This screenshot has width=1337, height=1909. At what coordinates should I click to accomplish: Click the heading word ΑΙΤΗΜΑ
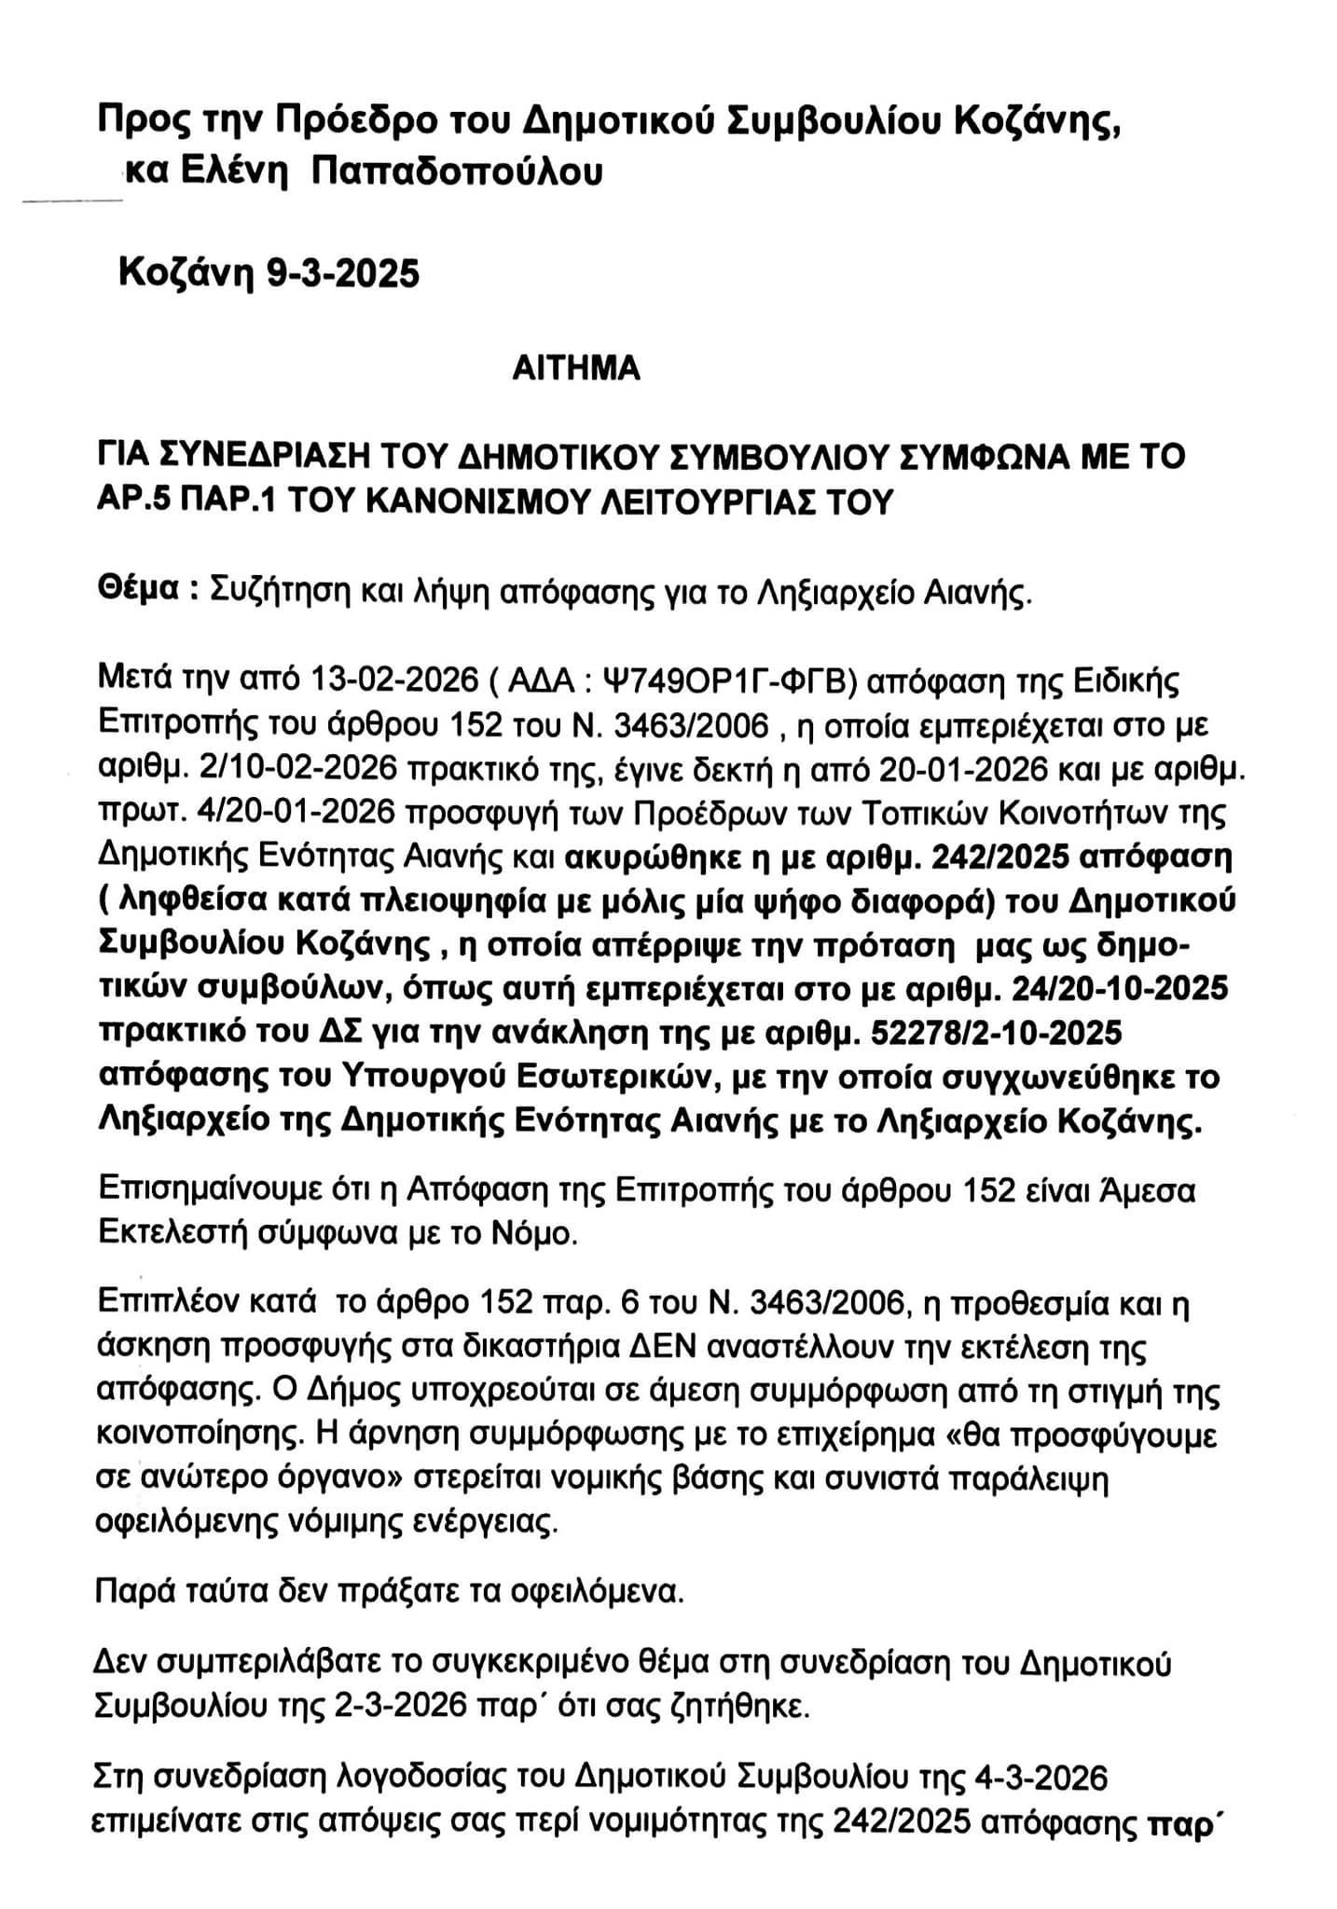pos(576,369)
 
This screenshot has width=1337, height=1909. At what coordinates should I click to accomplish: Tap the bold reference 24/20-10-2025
pos(1113,988)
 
